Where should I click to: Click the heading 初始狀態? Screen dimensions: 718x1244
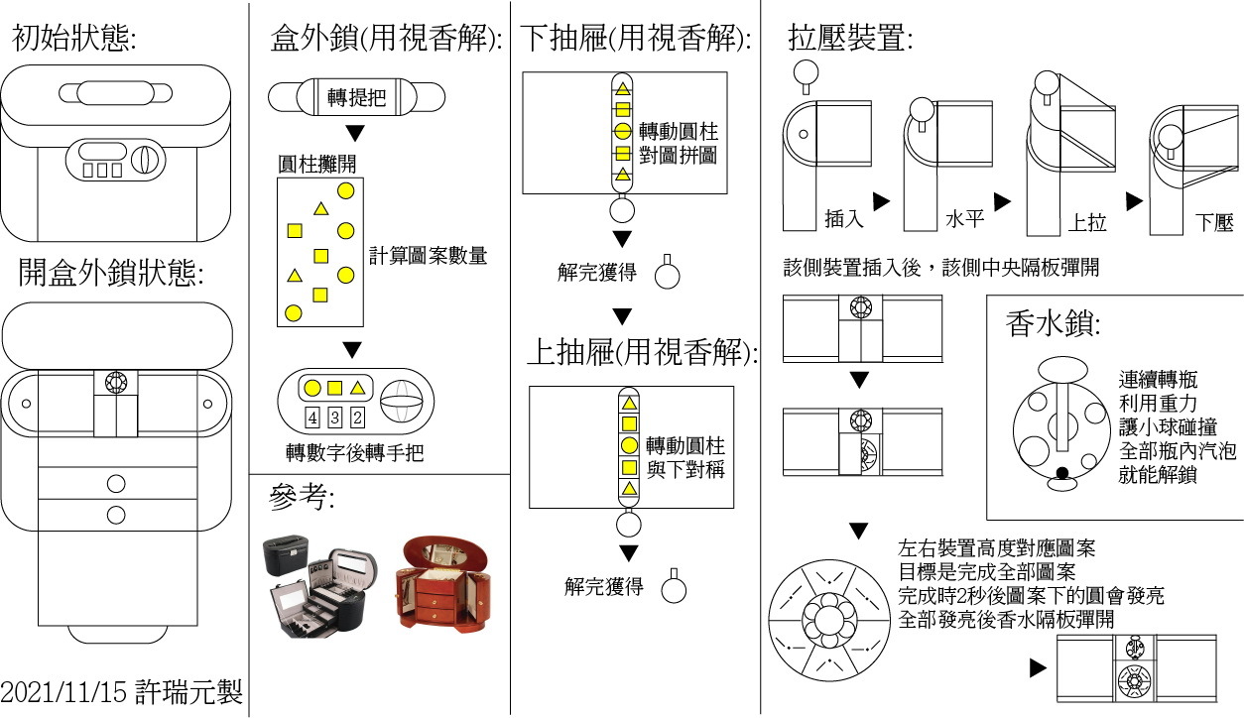pos(73,39)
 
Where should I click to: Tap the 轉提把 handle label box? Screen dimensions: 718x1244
pos(357,97)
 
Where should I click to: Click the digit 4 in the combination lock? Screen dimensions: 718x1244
pos(311,418)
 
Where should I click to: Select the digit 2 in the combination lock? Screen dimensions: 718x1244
pos(357,418)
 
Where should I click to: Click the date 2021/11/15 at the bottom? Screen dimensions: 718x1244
pos(65,692)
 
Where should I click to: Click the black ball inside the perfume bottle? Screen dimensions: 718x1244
pos(1062,473)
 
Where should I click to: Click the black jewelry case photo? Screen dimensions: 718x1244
pos(317,585)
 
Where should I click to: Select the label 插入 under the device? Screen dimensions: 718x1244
pos(844,218)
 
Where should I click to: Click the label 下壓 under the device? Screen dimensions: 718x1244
pos(1214,222)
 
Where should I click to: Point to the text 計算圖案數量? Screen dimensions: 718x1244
pos(428,255)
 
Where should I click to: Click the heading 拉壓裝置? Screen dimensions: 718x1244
pos(850,39)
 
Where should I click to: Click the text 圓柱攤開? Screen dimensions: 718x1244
pos(316,163)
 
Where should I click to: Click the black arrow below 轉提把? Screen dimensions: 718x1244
pos(354,133)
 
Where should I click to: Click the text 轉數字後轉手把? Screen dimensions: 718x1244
pos(354,453)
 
